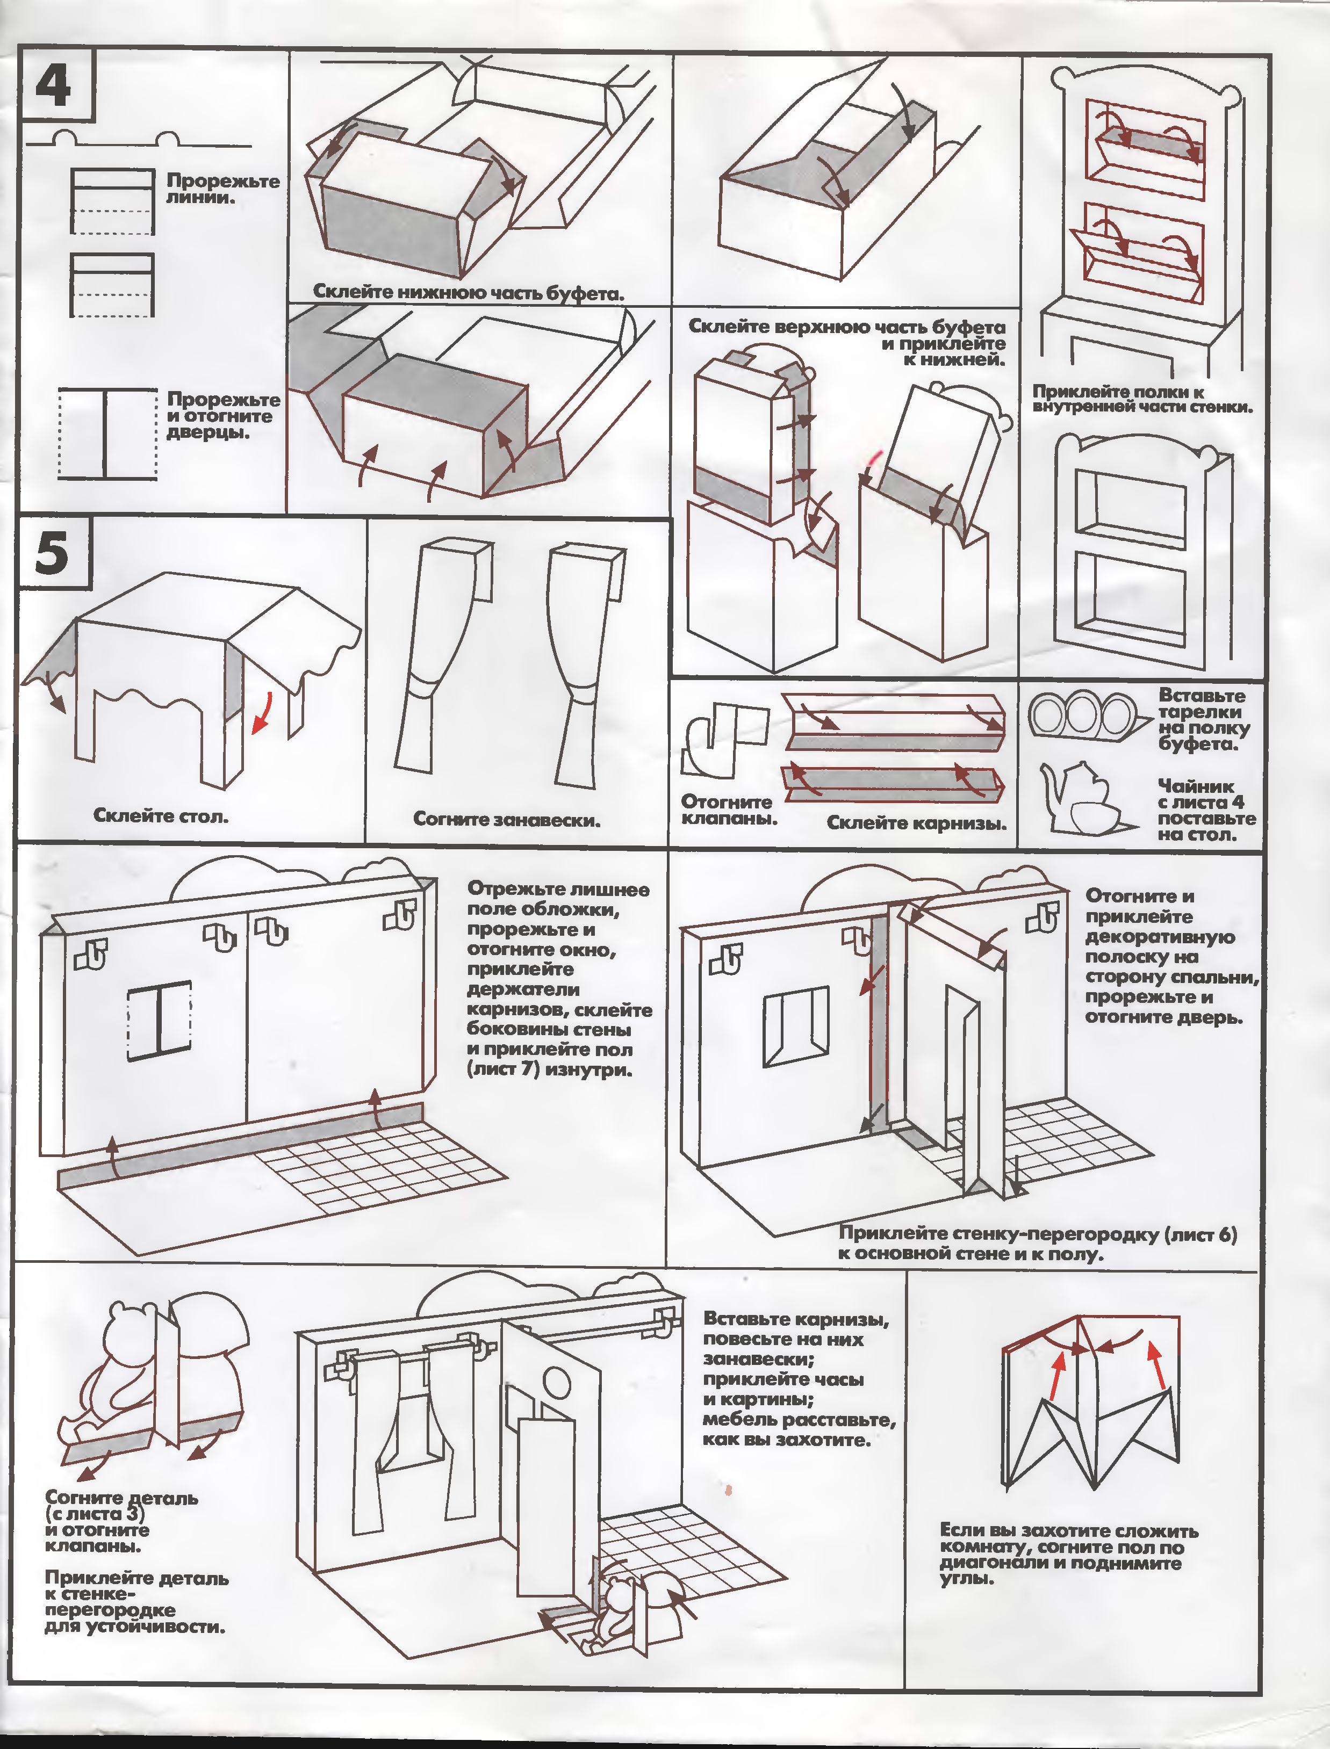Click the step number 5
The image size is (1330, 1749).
tap(52, 552)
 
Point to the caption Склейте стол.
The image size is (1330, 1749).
tap(161, 816)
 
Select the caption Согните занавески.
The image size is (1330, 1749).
tap(507, 820)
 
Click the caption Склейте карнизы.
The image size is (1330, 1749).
tap(917, 823)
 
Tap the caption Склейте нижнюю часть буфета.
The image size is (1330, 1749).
tap(469, 292)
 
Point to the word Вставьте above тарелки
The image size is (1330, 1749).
tap(1202, 696)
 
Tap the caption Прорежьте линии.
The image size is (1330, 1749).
tap(222, 189)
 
